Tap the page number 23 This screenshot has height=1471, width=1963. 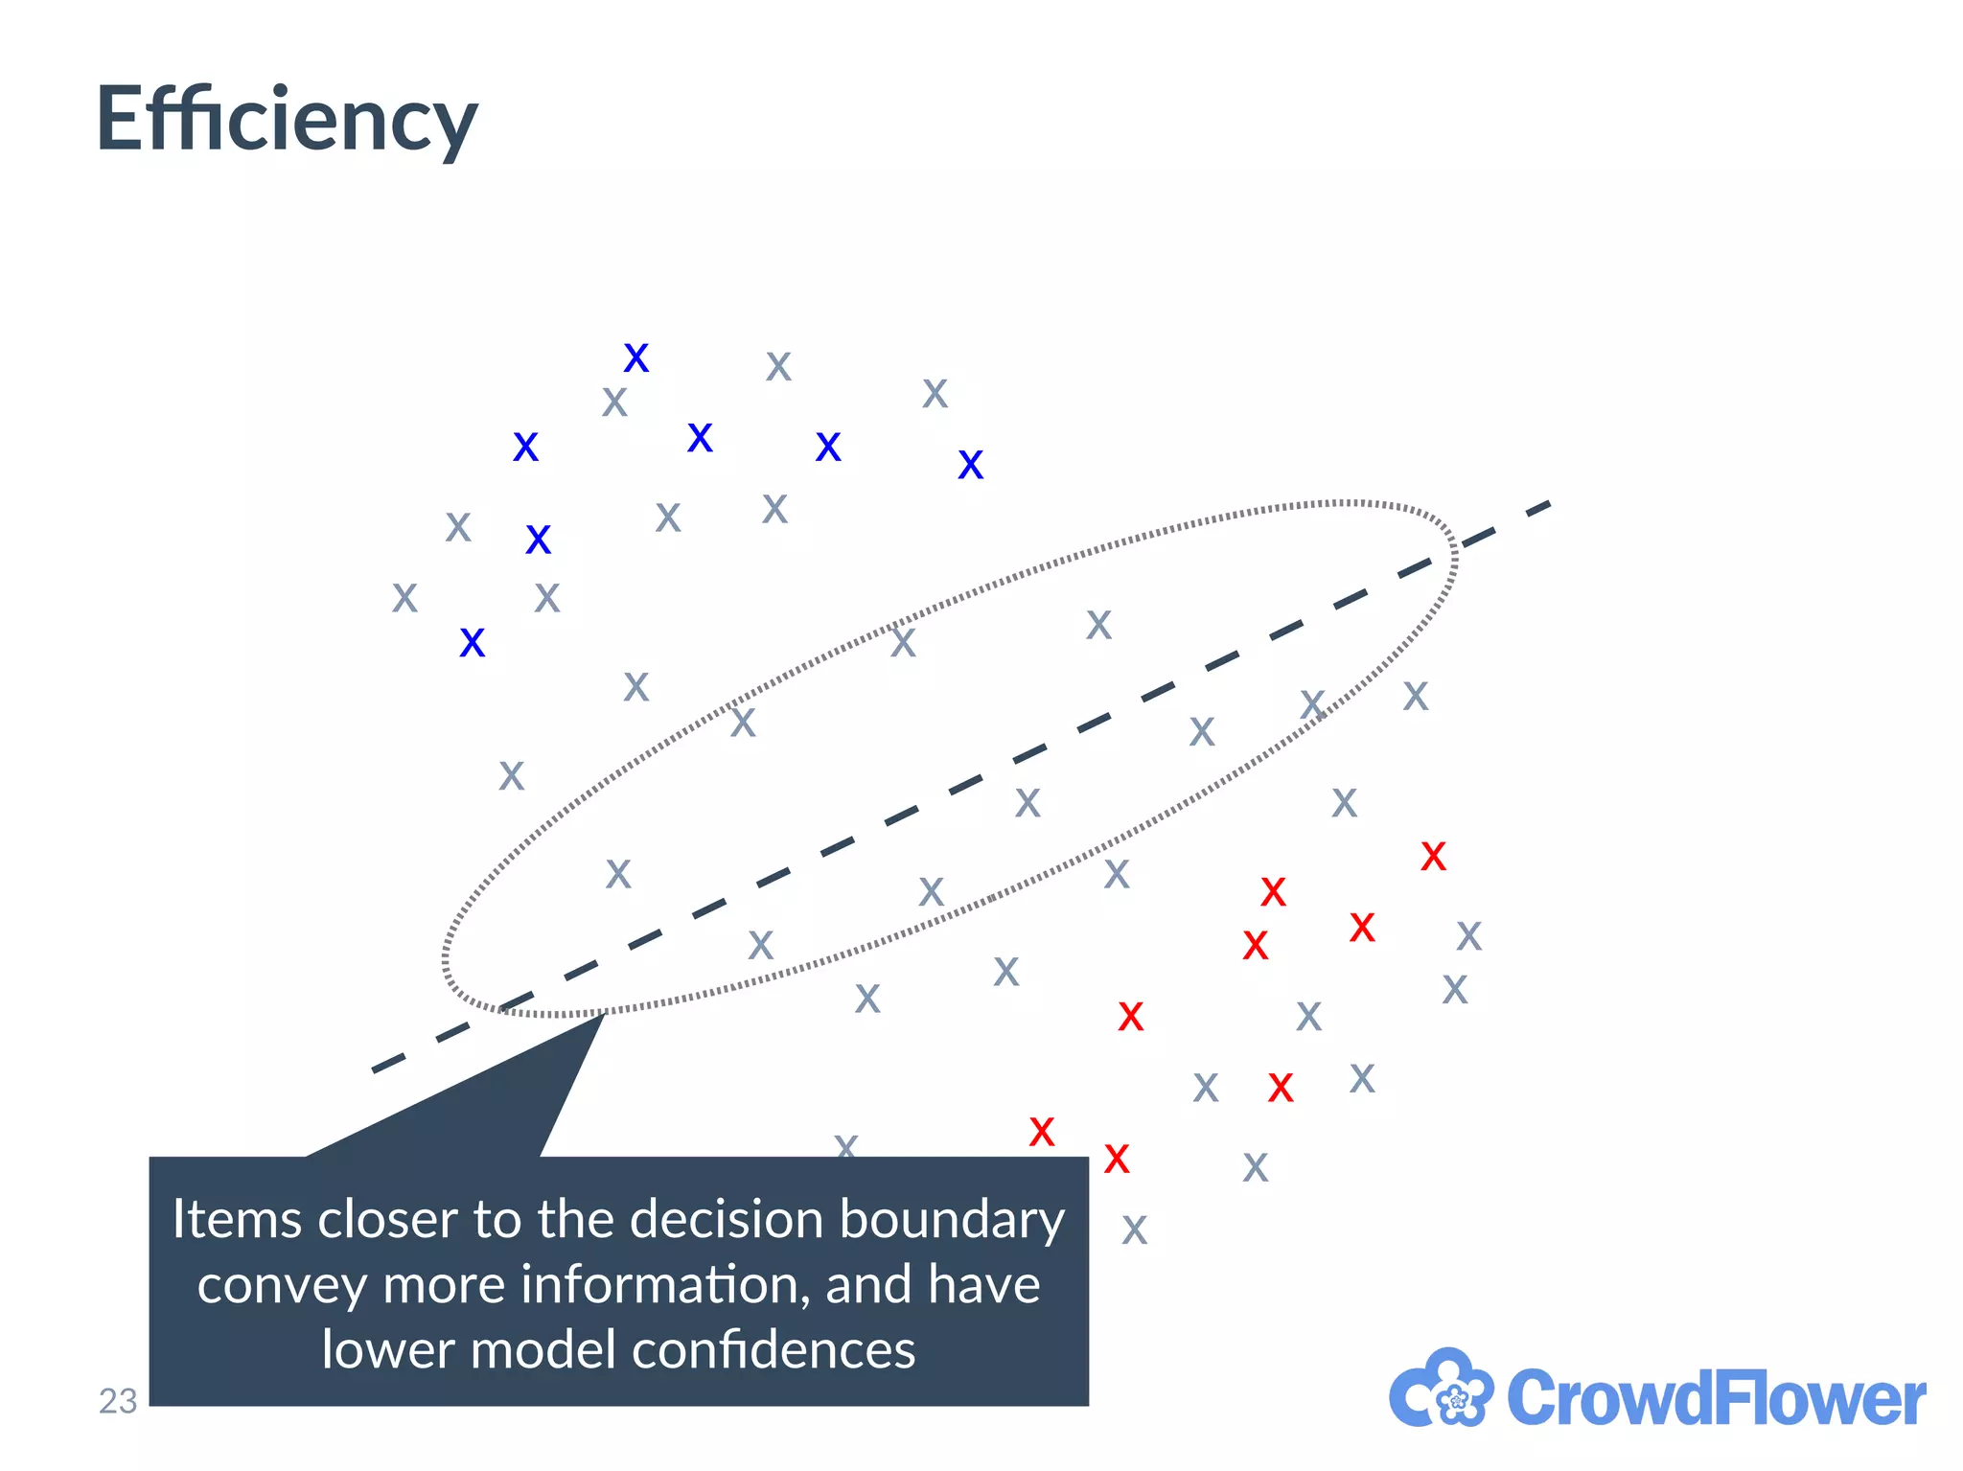118,1401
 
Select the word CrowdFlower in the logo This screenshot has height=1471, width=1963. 1716,1398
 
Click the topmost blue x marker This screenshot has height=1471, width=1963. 636,358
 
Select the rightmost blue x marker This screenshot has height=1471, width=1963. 971,466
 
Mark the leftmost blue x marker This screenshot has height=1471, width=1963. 473,643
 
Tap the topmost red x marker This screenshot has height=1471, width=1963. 1433,856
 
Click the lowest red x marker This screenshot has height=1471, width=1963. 1117,1160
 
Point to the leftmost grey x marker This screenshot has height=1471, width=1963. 404,598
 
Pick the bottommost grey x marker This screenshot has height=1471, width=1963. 1134,1230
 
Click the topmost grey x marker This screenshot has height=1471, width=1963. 778,366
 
